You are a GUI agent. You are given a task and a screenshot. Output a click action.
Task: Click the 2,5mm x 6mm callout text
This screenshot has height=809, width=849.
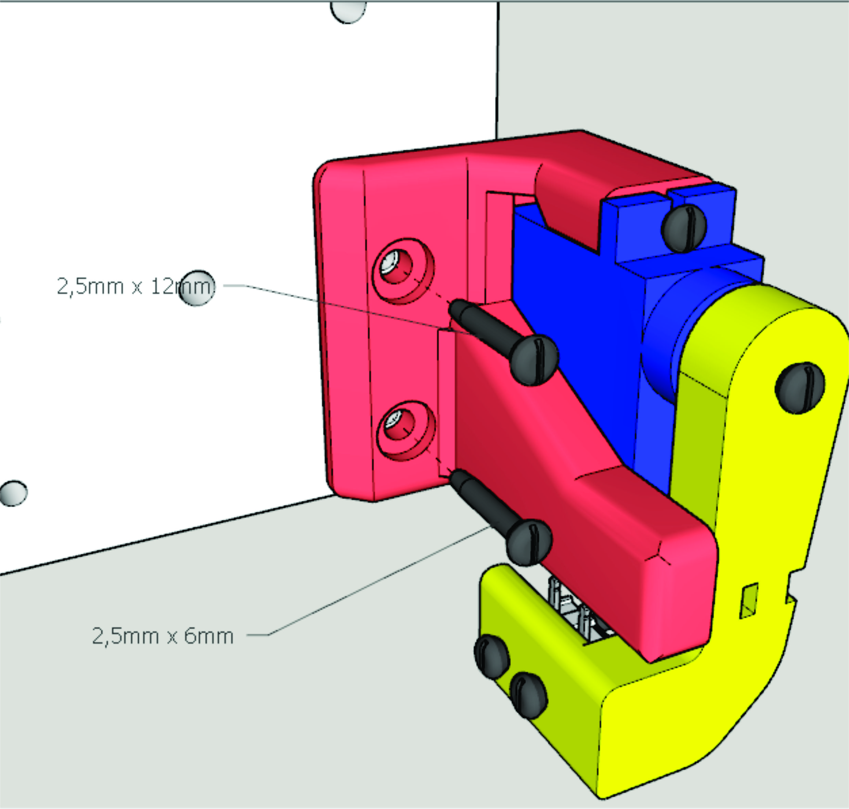tap(163, 636)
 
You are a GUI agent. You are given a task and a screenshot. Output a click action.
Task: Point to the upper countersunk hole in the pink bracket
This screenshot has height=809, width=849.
tap(403, 271)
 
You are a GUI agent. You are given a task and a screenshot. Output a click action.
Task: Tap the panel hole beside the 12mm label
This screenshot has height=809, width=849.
tap(196, 288)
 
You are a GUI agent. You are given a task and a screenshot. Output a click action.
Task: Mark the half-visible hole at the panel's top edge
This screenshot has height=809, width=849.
tap(348, 12)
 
